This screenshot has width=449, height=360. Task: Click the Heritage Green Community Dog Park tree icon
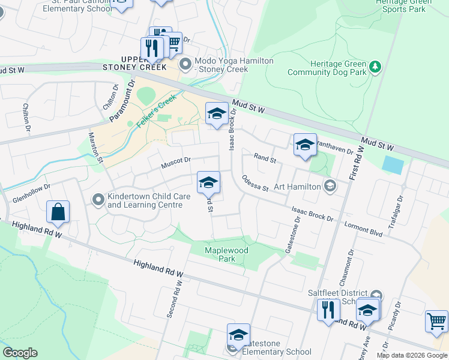tap(376, 66)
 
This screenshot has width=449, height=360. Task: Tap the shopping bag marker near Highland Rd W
tap(58, 212)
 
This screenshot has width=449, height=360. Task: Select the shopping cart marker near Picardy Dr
tap(436, 321)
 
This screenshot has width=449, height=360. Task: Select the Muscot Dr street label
tap(175, 160)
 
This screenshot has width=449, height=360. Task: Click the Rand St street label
tap(264, 159)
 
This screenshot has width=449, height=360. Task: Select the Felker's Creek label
tap(155, 111)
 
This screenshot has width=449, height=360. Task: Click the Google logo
tap(20, 353)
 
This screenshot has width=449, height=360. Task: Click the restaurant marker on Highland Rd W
tap(328, 310)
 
